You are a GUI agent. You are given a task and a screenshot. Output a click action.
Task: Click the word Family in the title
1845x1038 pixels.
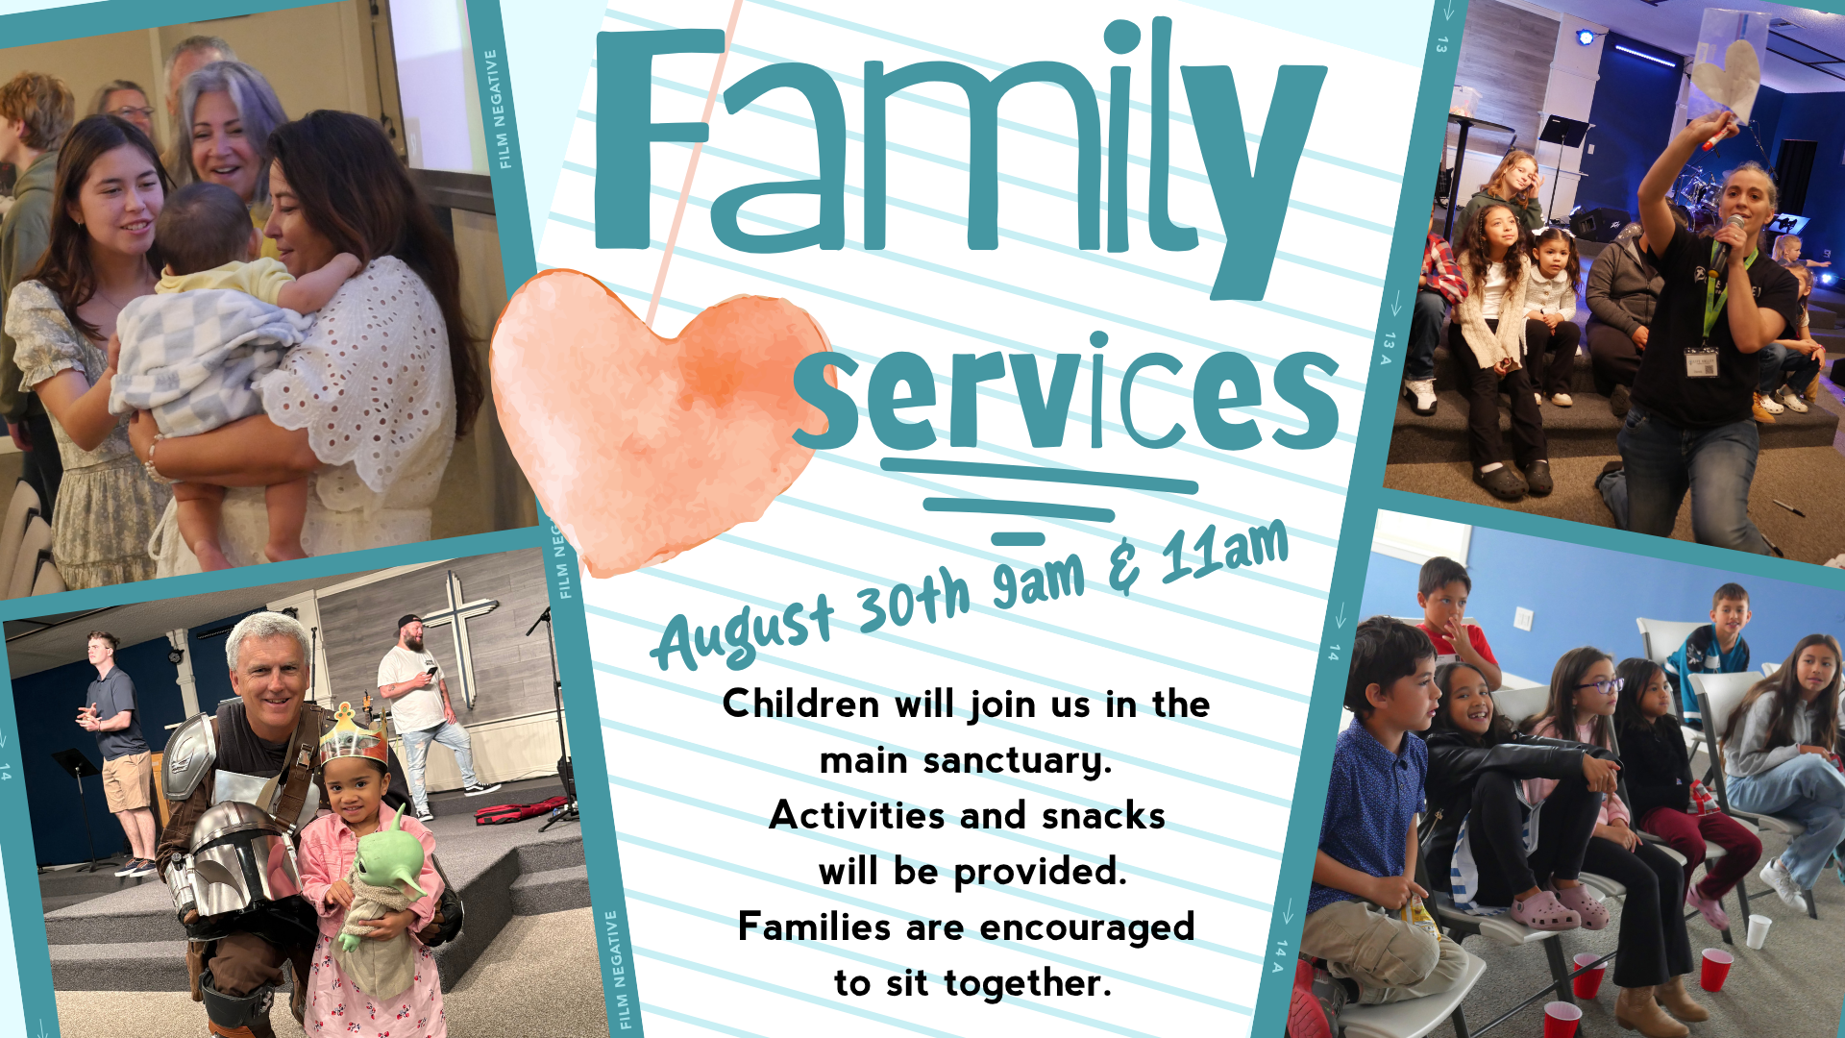pyautogui.click(x=961, y=154)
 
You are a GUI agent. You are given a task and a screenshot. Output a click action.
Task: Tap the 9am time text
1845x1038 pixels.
pyautogui.click(x=1039, y=581)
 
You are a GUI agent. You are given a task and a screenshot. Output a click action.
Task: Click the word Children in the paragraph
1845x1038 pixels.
pyautogui.click(x=800, y=704)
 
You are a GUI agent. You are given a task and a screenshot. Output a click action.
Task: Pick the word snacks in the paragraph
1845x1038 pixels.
pyautogui.click(x=1103, y=816)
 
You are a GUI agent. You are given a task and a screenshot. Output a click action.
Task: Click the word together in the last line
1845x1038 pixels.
pyautogui.click(x=1027, y=983)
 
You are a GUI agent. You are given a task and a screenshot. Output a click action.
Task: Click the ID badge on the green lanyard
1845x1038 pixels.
pyautogui.click(x=1702, y=362)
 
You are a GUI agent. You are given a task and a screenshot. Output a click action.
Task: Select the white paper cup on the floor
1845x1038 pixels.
pyautogui.click(x=1758, y=931)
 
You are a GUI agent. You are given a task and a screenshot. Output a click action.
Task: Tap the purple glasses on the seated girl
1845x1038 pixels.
pyautogui.click(x=1598, y=685)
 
